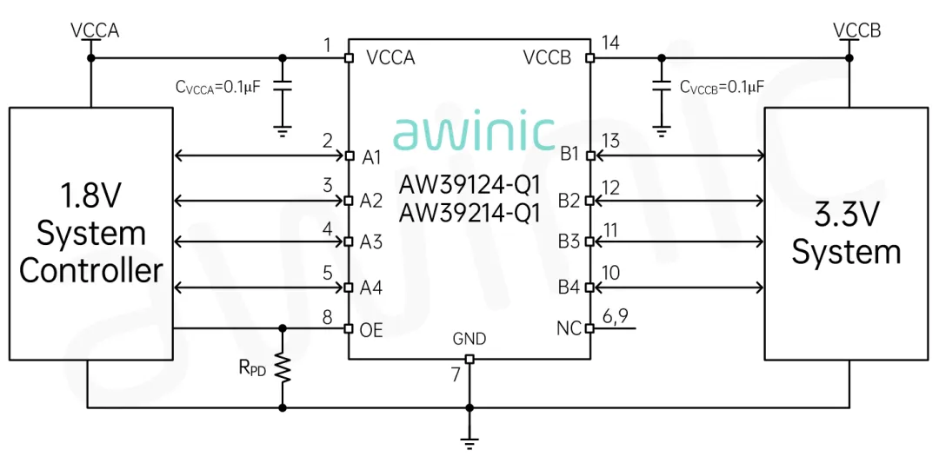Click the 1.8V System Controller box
coord(91,233)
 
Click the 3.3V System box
coord(849,233)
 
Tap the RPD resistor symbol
coord(282,367)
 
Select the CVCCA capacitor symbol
coord(282,87)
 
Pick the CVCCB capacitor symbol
coord(662,87)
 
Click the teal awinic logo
coord(473,133)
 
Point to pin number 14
coord(610,43)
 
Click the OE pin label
coord(371,330)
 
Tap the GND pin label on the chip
coord(469,339)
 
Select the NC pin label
coord(568,328)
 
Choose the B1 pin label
coord(569,155)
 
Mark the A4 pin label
coord(371,287)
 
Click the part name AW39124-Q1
coord(469,184)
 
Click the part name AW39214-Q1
coord(469,212)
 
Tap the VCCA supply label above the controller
coord(95,31)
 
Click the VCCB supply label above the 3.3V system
coord(856,31)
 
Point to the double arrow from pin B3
coord(678,241)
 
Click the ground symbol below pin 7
coord(469,442)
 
